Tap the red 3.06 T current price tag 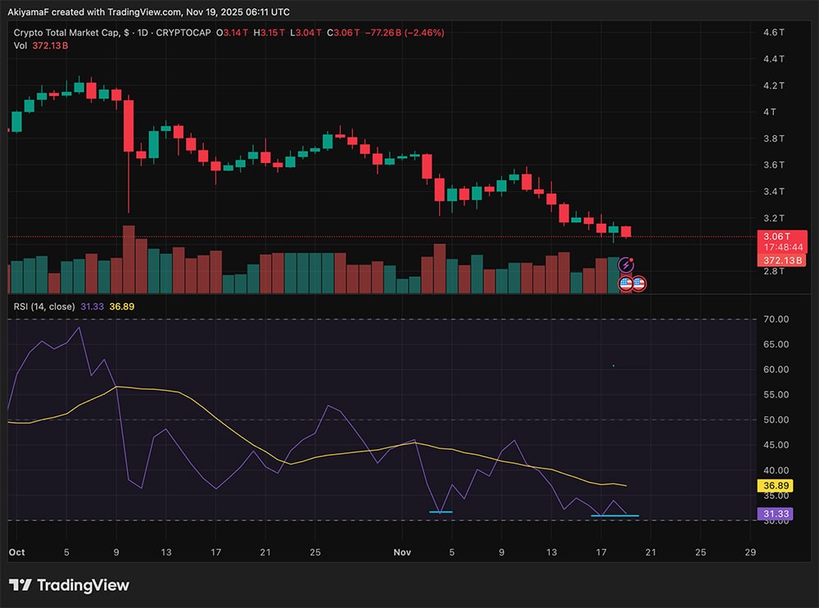782,235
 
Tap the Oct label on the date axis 16,552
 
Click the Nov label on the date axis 402,552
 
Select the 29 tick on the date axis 750,552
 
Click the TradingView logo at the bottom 69,585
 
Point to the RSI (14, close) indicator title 45,306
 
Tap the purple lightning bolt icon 627,265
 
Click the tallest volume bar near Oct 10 129,259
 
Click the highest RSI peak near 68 79,328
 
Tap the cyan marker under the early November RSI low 440,512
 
